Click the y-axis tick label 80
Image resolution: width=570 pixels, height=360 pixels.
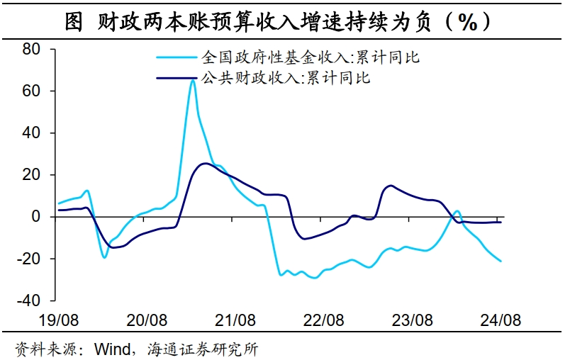tap(32, 50)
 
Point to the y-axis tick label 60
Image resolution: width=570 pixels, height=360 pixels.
tap(32, 91)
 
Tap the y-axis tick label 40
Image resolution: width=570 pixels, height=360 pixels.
tap(32, 133)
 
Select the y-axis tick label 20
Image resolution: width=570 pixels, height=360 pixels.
tap(32, 175)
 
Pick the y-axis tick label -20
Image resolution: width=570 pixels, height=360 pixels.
tap(28, 259)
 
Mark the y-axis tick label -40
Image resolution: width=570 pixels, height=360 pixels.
tap(28, 300)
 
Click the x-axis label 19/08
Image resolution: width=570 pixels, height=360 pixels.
tap(58, 320)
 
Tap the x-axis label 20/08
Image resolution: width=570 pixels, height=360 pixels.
tap(147, 320)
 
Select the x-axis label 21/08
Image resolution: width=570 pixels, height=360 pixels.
tap(236, 320)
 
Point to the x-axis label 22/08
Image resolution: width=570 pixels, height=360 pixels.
tap(325, 320)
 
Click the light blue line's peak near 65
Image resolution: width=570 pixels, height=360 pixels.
tap(193, 80)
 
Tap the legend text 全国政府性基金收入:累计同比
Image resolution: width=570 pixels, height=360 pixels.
tap(311, 57)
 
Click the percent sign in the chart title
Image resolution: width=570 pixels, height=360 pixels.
tap(466, 22)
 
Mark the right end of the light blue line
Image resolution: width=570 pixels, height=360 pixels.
tap(502, 261)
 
